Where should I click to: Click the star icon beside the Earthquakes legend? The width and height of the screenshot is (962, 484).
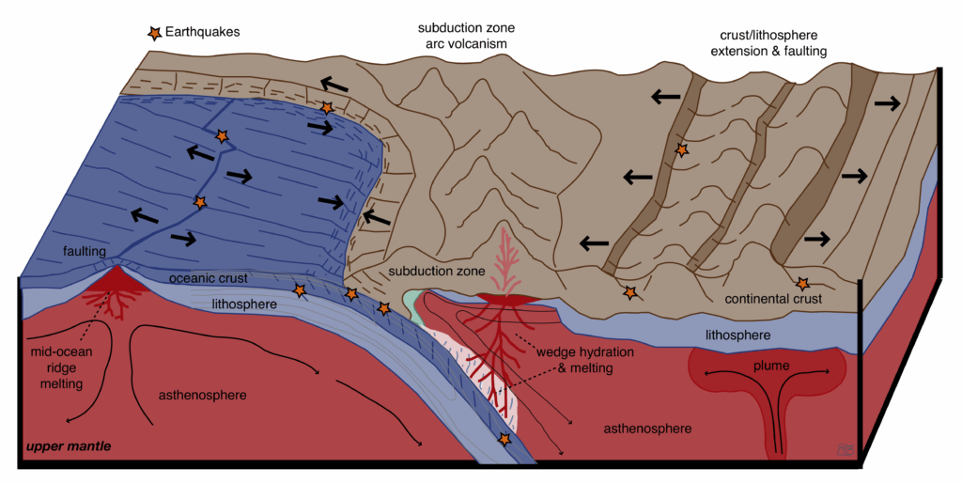pyautogui.click(x=152, y=33)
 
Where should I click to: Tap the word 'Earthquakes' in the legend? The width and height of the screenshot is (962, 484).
pyautogui.click(x=203, y=32)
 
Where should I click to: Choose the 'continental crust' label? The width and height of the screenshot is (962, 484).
pyautogui.click(x=774, y=299)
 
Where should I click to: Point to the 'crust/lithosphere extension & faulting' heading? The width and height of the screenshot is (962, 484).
pyautogui.click(x=766, y=42)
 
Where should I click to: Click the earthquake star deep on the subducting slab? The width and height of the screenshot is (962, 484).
pyautogui.click(x=505, y=440)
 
